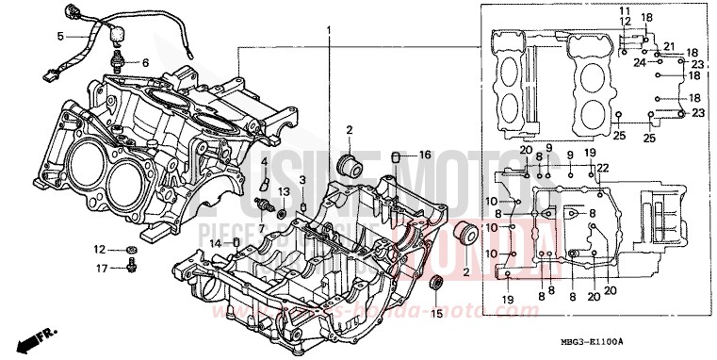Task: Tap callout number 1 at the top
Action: (330, 31)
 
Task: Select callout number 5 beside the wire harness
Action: (59, 36)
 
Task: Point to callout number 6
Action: (145, 62)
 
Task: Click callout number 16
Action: (425, 155)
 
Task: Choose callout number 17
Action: (100, 268)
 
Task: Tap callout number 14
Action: (215, 243)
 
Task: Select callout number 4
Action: (265, 162)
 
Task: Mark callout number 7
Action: (262, 228)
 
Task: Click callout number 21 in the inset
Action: (670, 47)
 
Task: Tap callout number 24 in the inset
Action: (637, 63)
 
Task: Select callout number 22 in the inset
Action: (604, 168)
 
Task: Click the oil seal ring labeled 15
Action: (435, 284)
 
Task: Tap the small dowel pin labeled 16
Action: (399, 155)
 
